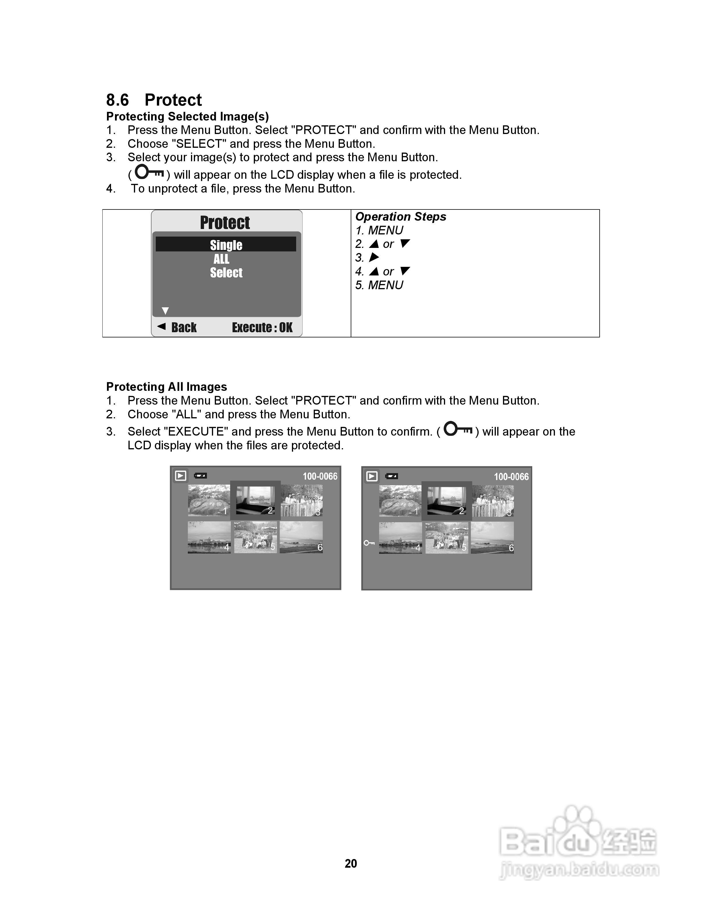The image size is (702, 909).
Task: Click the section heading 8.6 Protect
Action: pyautogui.click(x=154, y=100)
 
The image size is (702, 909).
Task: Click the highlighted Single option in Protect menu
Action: pyautogui.click(x=226, y=245)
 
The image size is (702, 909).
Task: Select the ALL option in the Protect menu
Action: pyautogui.click(x=221, y=259)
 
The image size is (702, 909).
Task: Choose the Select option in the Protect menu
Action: pyautogui.click(x=226, y=273)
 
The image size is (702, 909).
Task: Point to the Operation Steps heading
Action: pyautogui.click(x=401, y=217)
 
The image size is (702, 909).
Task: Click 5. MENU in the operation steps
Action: pyautogui.click(x=379, y=285)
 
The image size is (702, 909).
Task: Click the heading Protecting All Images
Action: pyautogui.click(x=166, y=387)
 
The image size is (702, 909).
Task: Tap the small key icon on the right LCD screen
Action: pyautogui.click(x=369, y=543)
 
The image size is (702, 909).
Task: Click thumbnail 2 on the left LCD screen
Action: pyautogui.click(x=255, y=501)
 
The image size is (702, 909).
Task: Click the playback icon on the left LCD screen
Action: pyautogui.click(x=180, y=476)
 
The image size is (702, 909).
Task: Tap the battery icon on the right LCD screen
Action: pyautogui.click(x=391, y=476)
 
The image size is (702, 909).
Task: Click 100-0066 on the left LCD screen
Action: pyautogui.click(x=320, y=476)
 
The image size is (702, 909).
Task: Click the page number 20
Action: pyautogui.click(x=351, y=864)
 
